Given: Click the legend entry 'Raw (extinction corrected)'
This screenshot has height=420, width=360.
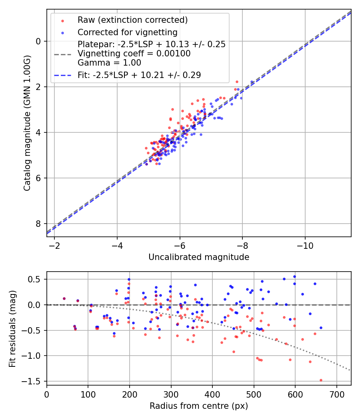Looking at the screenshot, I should tap(132, 20).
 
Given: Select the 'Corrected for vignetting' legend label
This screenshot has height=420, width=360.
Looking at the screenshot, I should tap(128, 32).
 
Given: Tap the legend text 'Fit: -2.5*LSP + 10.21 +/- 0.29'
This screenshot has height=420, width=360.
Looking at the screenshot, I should tap(139, 75).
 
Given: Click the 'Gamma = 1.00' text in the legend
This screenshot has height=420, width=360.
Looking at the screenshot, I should tap(109, 62).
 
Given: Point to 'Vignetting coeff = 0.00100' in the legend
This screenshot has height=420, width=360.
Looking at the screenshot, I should tap(134, 53).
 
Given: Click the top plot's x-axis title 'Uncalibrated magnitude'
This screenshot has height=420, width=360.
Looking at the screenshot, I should tap(199, 257).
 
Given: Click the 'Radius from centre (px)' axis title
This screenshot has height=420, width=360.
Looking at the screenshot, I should tap(199, 406).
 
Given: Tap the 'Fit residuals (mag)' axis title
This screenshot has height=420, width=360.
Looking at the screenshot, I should tap(12, 328).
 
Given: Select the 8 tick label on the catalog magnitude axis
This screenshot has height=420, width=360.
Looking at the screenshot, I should tap(38, 224).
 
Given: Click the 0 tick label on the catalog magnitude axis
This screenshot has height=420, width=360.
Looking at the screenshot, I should tap(38, 41).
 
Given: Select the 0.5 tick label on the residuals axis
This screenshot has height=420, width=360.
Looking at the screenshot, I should tap(35, 279).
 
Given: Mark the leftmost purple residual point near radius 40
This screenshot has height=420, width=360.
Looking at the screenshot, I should tap(64, 298).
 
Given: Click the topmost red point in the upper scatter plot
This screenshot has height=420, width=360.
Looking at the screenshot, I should tap(237, 82).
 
